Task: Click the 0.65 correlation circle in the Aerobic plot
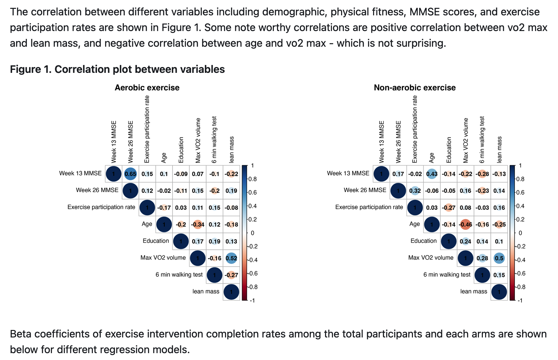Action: coord(130,174)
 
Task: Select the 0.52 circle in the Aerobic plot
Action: coord(231,258)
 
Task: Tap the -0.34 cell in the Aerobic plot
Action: coord(197,224)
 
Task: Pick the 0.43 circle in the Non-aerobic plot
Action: coord(432,174)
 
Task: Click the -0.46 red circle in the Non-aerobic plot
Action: coord(465,224)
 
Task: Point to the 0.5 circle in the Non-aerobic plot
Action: coord(499,258)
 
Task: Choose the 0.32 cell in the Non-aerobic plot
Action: coord(415,191)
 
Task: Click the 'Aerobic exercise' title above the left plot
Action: coord(147,88)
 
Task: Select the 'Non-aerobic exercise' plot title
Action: coord(415,88)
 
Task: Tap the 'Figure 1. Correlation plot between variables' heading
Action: coord(117,69)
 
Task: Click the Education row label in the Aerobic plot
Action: coord(156,241)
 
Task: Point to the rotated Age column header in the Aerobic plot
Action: coord(164,158)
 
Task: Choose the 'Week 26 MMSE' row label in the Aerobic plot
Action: coord(97,190)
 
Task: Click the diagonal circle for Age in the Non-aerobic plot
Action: coord(432,224)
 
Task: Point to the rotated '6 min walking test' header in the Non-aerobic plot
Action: coord(482,140)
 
